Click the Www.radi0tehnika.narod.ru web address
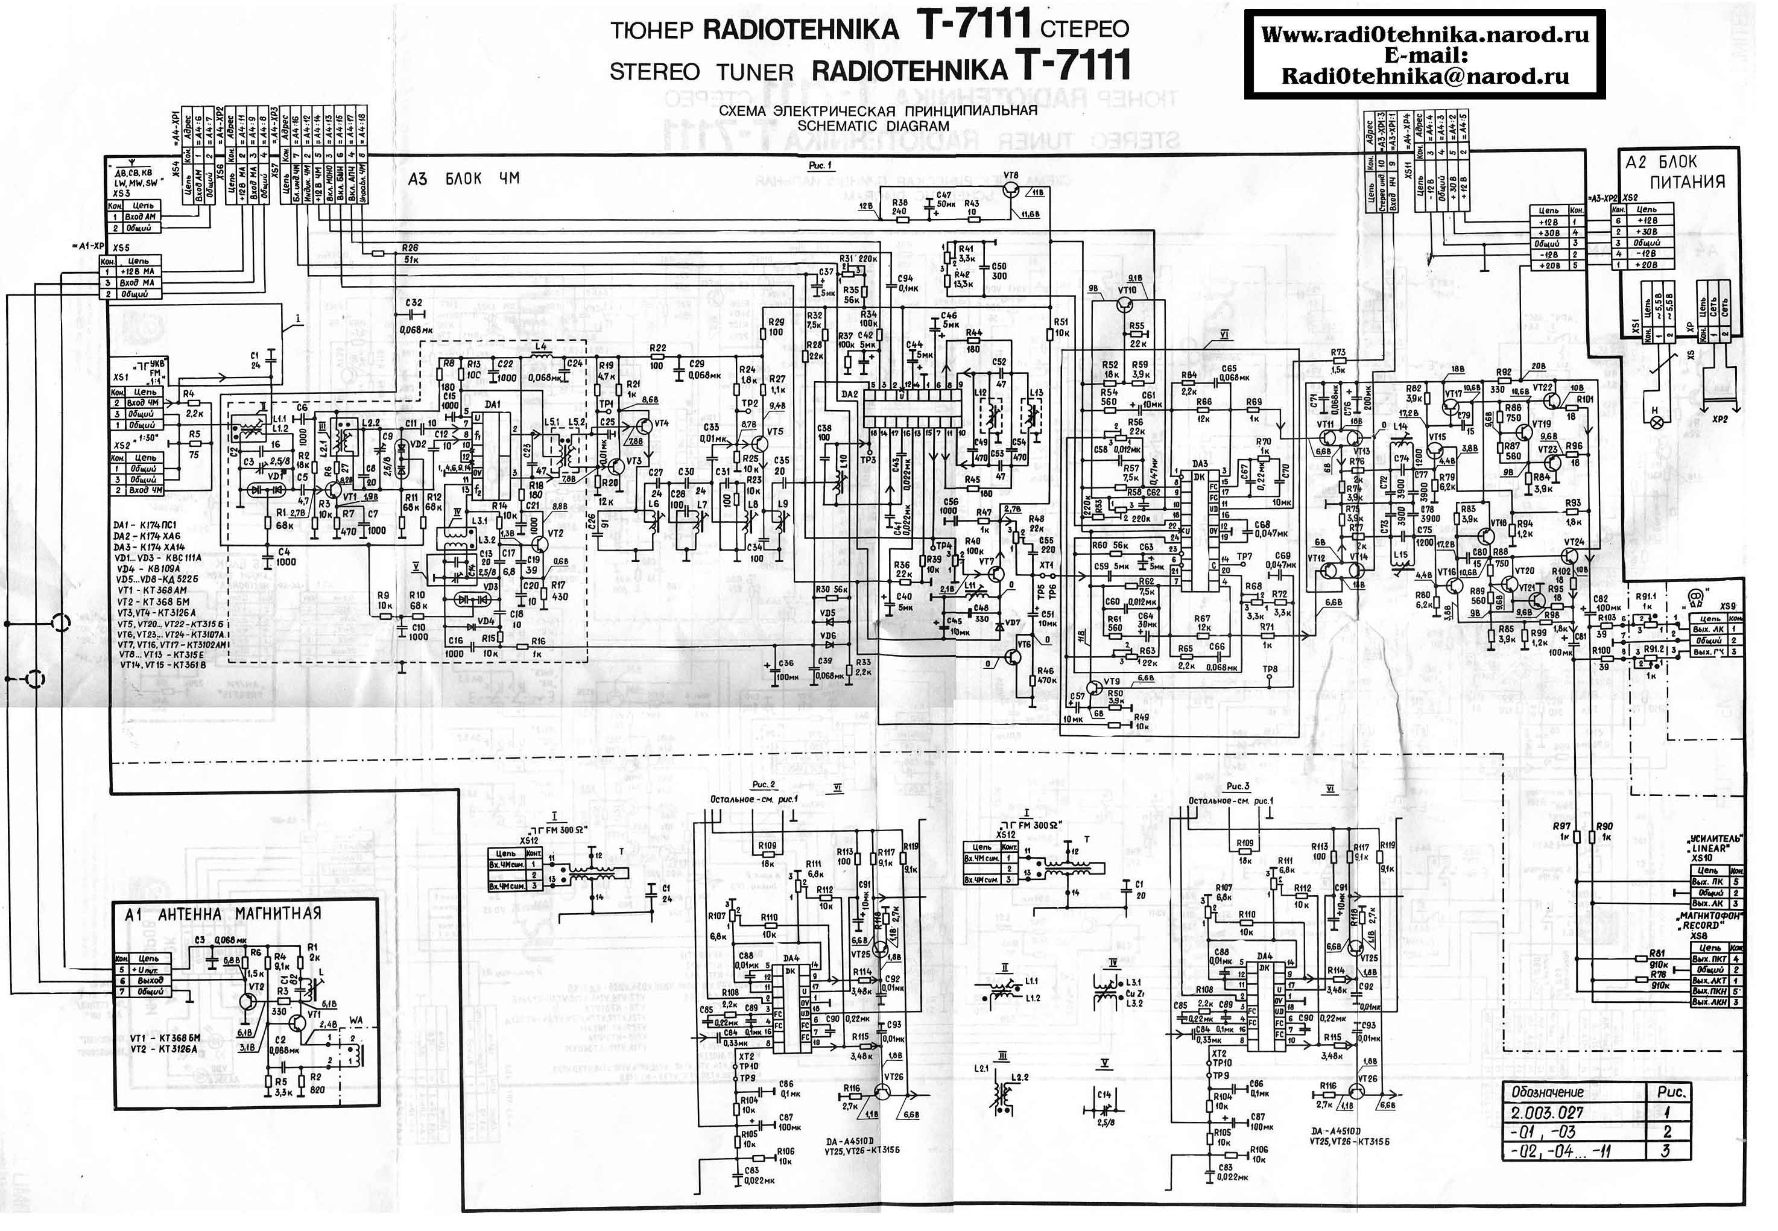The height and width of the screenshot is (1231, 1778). point(1425,35)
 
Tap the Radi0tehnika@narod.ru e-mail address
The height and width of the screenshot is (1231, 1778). point(1425,75)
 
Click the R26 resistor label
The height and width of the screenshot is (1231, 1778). point(410,248)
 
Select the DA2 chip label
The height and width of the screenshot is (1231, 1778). point(849,394)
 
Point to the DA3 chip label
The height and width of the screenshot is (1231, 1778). point(1200,464)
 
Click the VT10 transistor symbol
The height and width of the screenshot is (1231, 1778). point(1125,305)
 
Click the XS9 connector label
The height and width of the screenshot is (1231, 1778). point(1727,606)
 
